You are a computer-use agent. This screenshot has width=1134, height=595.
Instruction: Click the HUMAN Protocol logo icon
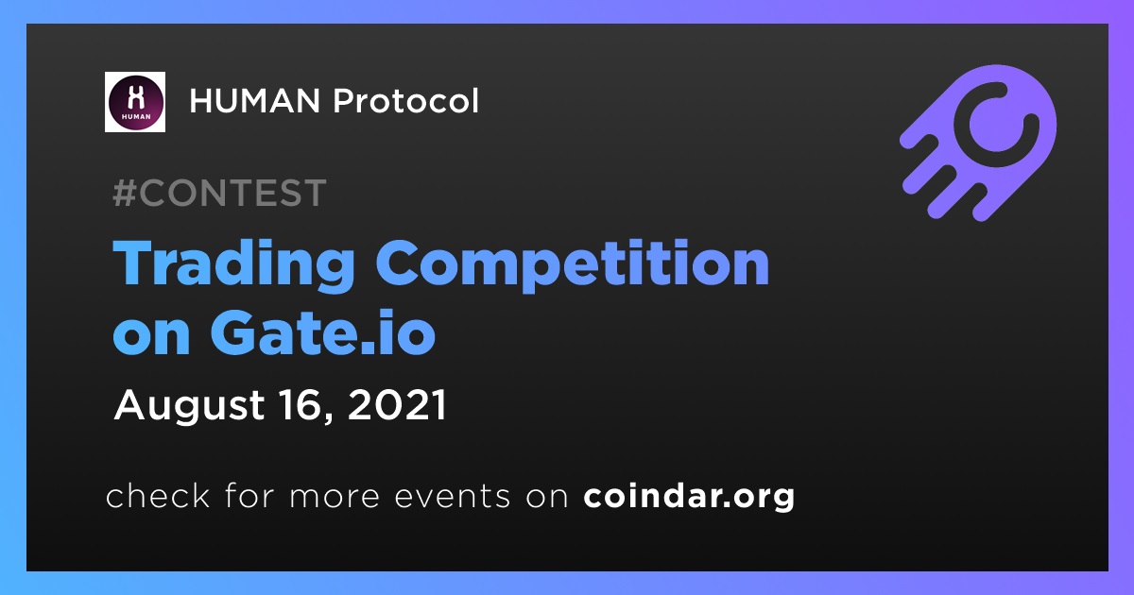point(135,102)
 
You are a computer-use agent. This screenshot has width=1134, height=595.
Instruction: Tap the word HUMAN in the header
point(254,101)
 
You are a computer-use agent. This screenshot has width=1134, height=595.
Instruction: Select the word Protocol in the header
point(405,101)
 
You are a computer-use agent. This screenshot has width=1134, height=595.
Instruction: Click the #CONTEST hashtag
point(219,193)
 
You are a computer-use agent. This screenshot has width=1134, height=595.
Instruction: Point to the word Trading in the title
point(233,264)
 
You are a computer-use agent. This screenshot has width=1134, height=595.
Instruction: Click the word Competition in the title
point(572,264)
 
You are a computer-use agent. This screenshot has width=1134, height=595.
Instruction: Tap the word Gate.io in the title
point(323,333)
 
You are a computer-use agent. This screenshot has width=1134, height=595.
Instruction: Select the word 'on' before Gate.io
point(151,338)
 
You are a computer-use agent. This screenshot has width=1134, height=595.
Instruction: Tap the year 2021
point(396,405)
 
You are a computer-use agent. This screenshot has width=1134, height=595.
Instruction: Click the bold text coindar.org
point(689,497)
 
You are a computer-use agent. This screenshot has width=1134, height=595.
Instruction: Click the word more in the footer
point(335,498)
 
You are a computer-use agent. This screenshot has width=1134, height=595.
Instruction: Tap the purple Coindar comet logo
point(978,143)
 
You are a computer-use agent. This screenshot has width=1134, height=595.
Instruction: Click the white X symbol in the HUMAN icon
point(135,96)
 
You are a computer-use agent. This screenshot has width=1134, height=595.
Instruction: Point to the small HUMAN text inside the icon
point(136,116)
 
